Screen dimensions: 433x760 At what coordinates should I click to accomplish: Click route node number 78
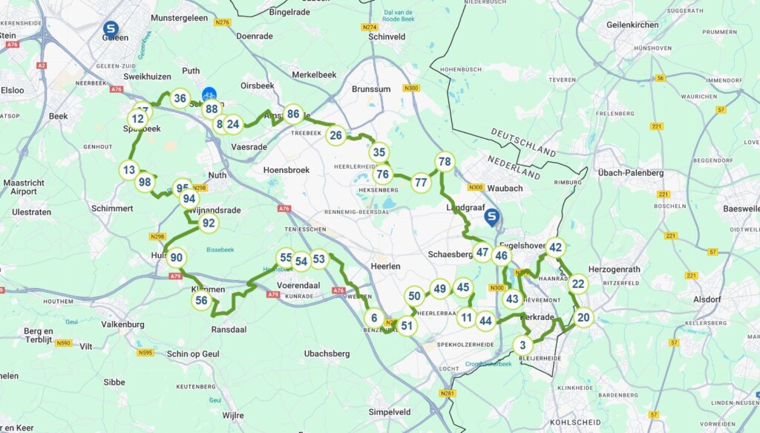(x=445, y=162)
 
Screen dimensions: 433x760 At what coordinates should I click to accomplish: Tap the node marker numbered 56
(x=201, y=300)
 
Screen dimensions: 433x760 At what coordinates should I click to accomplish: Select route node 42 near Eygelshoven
(x=555, y=247)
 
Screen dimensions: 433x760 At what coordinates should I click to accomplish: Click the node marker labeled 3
(x=522, y=345)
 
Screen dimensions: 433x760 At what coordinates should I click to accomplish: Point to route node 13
(x=129, y=170)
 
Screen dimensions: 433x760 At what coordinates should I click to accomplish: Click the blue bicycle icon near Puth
(x=210, y=94)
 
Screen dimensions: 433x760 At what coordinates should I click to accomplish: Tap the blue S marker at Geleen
(x=111, y=29)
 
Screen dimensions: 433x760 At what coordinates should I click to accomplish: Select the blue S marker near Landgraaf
(x=491, y=217)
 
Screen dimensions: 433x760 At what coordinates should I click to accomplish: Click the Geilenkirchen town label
(x=632, y=25)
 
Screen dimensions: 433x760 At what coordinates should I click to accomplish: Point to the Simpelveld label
(x=390, y=411)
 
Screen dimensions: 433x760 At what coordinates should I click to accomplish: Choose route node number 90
(x=176, y=258)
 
